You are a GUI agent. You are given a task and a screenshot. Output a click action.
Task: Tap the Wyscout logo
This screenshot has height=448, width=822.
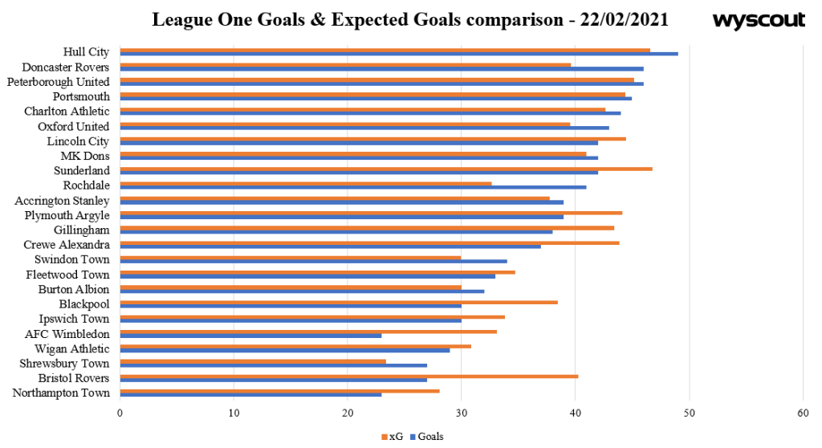tap(758, 20)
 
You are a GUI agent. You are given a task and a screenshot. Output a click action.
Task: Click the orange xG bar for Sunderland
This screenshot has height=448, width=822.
tap(385, 169)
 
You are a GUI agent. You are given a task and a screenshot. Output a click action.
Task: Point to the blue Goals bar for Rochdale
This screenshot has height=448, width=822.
tap(353, 187)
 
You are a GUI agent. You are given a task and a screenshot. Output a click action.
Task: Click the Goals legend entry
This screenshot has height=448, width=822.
tap(426, 437)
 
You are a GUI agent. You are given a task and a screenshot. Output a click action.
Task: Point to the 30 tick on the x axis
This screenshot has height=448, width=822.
tap(461, 413)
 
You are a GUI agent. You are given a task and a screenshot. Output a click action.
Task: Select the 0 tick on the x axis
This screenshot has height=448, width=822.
tap(120, 413)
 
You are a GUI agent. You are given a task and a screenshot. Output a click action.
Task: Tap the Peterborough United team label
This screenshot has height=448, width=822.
tap(58, 82)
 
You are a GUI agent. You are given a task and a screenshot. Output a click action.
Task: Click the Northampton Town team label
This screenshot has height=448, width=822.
tap(61, 393)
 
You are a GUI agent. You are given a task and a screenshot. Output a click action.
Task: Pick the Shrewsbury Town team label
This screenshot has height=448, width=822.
tap(63, 363)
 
